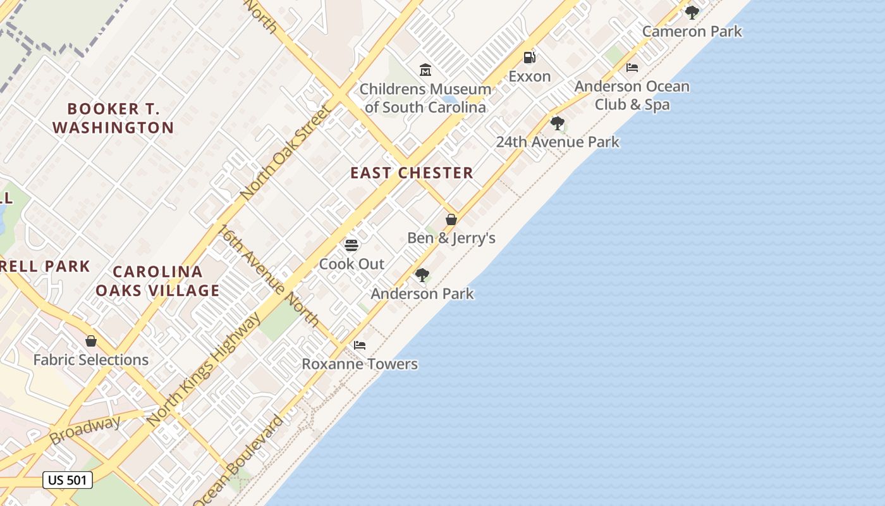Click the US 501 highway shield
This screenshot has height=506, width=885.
point(68,480)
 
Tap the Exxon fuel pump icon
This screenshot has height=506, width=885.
point(529,58)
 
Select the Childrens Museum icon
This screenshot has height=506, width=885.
point(425,70)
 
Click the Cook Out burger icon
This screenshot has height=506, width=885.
point(351,245)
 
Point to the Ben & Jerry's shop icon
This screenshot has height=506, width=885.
point(451,219)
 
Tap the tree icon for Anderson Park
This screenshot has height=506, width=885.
point(422,275)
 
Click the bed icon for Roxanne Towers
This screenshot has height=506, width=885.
point(360,345)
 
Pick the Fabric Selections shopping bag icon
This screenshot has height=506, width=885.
point(91,341)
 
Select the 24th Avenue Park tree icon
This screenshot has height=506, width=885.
point(557,123)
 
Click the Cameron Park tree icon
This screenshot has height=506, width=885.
point(692,12)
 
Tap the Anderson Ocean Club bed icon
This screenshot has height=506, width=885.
point(632,68)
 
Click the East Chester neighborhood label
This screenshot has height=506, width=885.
point(412,173)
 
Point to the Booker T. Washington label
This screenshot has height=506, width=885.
point(113,118)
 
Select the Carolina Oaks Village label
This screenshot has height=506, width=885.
point(157,281)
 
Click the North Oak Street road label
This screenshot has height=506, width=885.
point(286,151)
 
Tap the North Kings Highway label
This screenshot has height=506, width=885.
point(204,369)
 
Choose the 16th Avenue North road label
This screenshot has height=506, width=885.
point(269,275)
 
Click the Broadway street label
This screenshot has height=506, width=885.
point(85,430)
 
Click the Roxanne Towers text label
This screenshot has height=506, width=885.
point(360,364)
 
